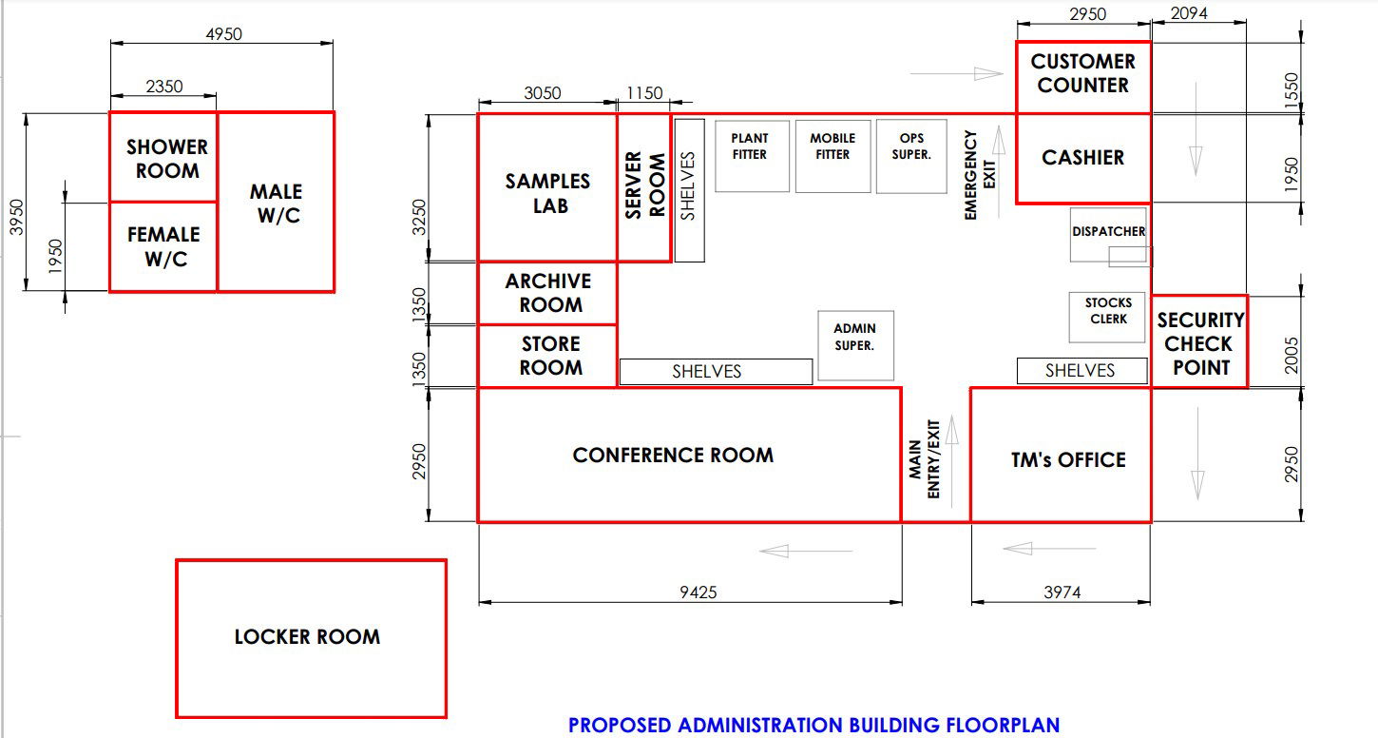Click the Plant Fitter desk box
click(752, 156)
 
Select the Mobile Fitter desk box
click(833, 156)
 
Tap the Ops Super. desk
click(911, 156)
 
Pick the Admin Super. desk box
click(855, 345)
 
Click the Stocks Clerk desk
click(1107, 318)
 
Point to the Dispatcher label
click(1108, 231)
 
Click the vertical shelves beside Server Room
click(690, 190)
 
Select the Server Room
click(644, 187)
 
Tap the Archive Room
click(547, 293)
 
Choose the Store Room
click(547, 356)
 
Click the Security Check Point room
click(1199, 341)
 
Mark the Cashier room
click(1083, 158)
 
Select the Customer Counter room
click(1083, 78)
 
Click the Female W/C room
click(163, 247)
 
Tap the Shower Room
click(163, 157)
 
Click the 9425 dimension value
click(699, 592)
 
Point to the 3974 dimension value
click(1062, 592)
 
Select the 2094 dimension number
click(1189, 13)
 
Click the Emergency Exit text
click(980, 175)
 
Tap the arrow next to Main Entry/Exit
click(952, 461)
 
